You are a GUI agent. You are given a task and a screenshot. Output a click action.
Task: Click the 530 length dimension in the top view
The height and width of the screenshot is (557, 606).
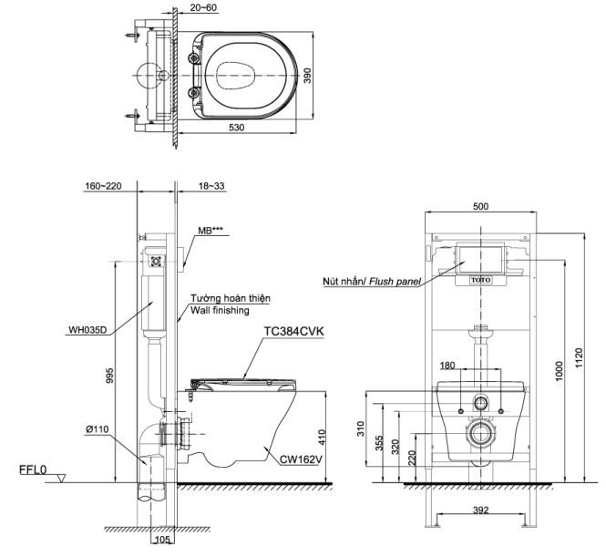[x=236, y=129]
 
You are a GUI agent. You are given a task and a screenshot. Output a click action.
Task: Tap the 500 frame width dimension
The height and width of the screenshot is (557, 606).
[x=479, y=207]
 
